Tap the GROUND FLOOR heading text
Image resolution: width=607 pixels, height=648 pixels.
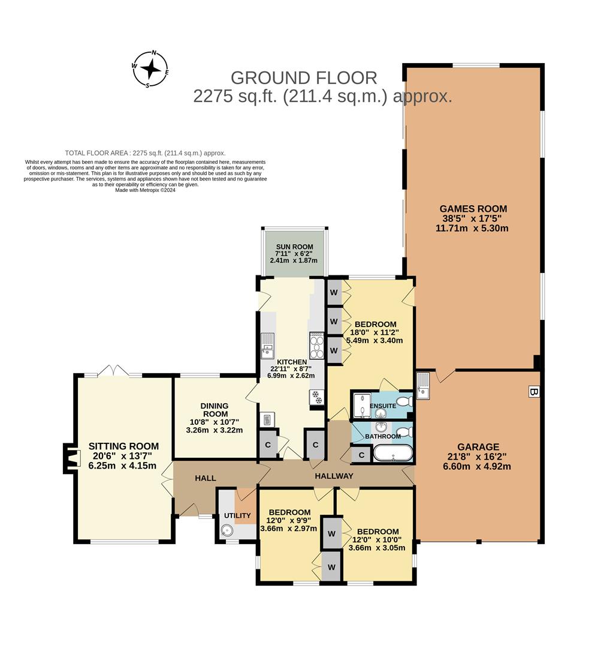(304, 78)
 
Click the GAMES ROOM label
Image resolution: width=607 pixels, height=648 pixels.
(473, 209)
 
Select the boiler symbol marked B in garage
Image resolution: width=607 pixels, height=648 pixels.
(533, 392)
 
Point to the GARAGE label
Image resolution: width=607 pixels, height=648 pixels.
(478, 446)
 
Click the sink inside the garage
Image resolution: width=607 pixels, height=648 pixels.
(423, 386)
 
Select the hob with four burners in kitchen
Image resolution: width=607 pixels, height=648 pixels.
(316, 346)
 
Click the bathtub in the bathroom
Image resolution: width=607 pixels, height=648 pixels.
(392, 453)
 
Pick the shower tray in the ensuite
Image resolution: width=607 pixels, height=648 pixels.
(362, 405)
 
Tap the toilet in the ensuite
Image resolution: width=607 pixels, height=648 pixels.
(404, 401)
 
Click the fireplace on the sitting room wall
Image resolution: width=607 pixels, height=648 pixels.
(71, 458)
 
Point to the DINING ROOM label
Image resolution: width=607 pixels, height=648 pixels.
(215, 409)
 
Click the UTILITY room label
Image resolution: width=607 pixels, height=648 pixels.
(237, 515)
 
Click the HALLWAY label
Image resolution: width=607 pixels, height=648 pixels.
(334, 476)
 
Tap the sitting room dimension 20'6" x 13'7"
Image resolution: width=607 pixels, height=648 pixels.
(123, 456)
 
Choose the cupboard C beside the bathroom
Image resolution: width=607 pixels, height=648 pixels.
(361, 455)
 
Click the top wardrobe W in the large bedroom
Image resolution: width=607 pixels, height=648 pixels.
(334, 292)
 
